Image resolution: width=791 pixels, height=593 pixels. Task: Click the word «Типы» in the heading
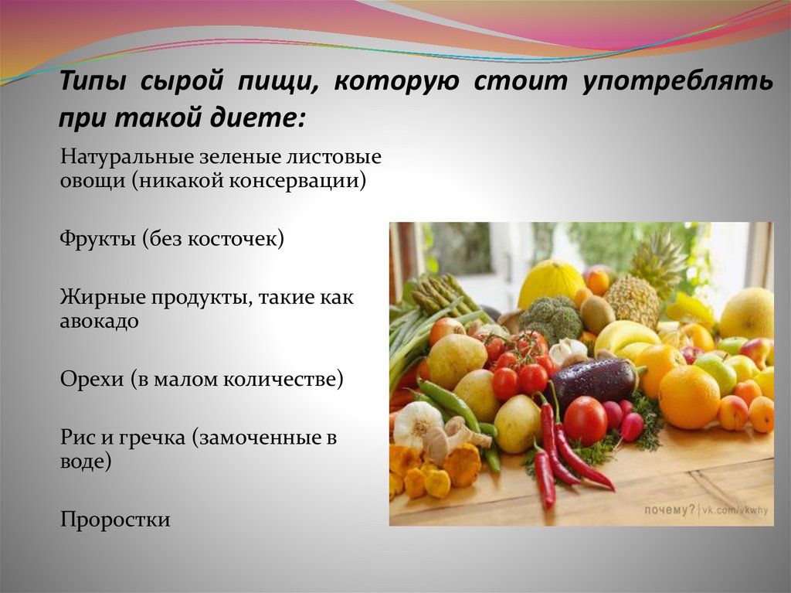tap(93, 81)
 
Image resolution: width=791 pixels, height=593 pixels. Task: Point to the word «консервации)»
tap(297, 180)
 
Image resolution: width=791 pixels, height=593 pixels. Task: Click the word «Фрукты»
tap(98, 238)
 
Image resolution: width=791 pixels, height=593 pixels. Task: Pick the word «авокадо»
tap(100, 321)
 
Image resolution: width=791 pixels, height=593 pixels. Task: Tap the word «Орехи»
tap(92, 380)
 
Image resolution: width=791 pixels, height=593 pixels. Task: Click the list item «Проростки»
tap(115, 520)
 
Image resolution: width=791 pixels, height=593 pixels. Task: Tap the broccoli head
tap(551, 318)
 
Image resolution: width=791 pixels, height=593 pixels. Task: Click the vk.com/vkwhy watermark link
tap(735, 511)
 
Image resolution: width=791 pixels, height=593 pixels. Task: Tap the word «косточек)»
tap(236, 238)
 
